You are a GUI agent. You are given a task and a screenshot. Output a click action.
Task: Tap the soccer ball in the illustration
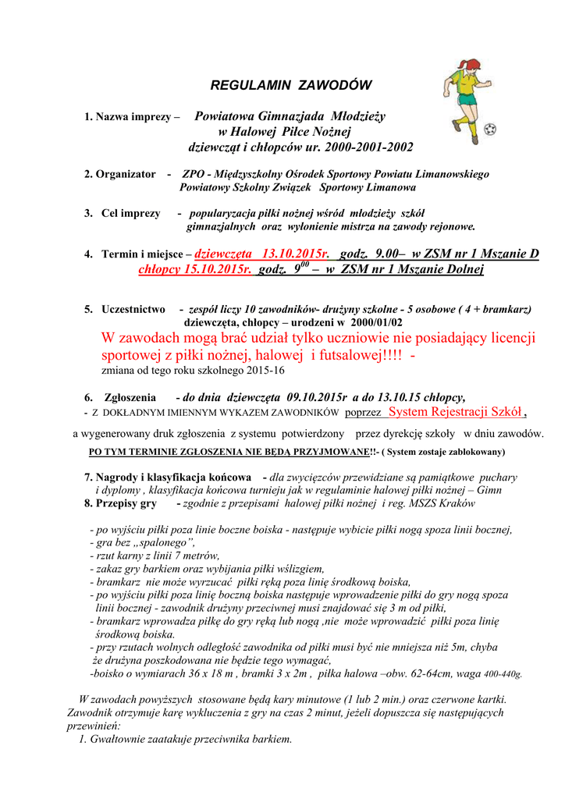tap(489, 130)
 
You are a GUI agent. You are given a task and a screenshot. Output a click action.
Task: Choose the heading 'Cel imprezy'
tap(131, 213)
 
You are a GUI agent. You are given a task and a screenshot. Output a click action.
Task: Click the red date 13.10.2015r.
tap(296, 254)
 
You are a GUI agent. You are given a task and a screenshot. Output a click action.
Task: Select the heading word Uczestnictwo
tap(133, 309)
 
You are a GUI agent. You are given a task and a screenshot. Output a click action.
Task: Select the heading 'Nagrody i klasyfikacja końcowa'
tap(173, 477)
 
